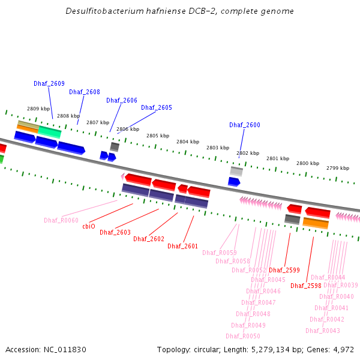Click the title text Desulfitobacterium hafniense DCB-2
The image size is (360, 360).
click(x=179, y=11)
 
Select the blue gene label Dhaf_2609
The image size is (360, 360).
click(x=49, y=84)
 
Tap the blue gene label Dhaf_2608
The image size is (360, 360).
click(x=85, y=92)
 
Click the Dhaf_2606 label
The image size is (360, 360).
click(x=122, y=101)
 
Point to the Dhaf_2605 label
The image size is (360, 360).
click(x=157, y=108)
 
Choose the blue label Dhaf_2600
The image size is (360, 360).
click(x=245, y=125)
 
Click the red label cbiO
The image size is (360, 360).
click(x=89, y=226)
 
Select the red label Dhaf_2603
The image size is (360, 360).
click(x=115, y=232)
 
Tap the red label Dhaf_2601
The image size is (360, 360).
click(x=183, y=246)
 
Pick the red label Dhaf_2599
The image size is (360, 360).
click(x=284, y=271)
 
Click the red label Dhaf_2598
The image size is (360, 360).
click(x=306, y=286)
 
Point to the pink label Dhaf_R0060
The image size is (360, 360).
click(x=61, y=220)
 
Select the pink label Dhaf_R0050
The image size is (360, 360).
click(x=243, y=336)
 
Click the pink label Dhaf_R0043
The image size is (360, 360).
click(x=323, y=331)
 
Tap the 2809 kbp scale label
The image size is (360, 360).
click(x=37, y=109)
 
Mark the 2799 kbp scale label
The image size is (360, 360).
click(x=338, y=168)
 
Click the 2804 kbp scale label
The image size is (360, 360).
click(x=187, y=142)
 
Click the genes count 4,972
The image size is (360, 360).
click(x=342, y=349)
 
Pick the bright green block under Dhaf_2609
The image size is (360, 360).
click(x=50, y=131)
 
